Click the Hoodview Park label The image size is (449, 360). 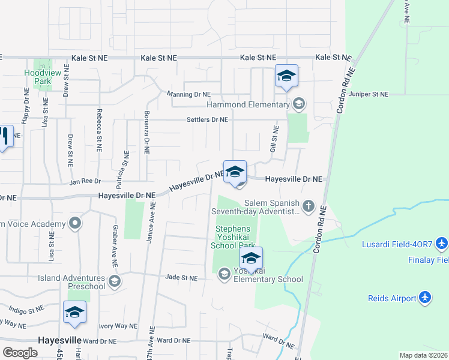(37, 77)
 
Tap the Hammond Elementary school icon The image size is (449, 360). (298, 104)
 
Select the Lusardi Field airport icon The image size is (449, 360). (442, 244)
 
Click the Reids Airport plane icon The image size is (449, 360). (425, 298)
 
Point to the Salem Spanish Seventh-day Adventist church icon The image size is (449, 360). (308, 207)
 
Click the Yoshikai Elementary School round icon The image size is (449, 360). (224, 274)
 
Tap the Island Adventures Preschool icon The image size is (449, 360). (114, 281)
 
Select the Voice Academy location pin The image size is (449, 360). (75, 224)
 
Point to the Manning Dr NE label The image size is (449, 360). (188, 94)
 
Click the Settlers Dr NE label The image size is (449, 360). (206, 119)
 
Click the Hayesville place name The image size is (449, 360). (59, 340)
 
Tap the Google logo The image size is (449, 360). (20, 353)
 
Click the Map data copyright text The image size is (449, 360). (423, 355)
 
